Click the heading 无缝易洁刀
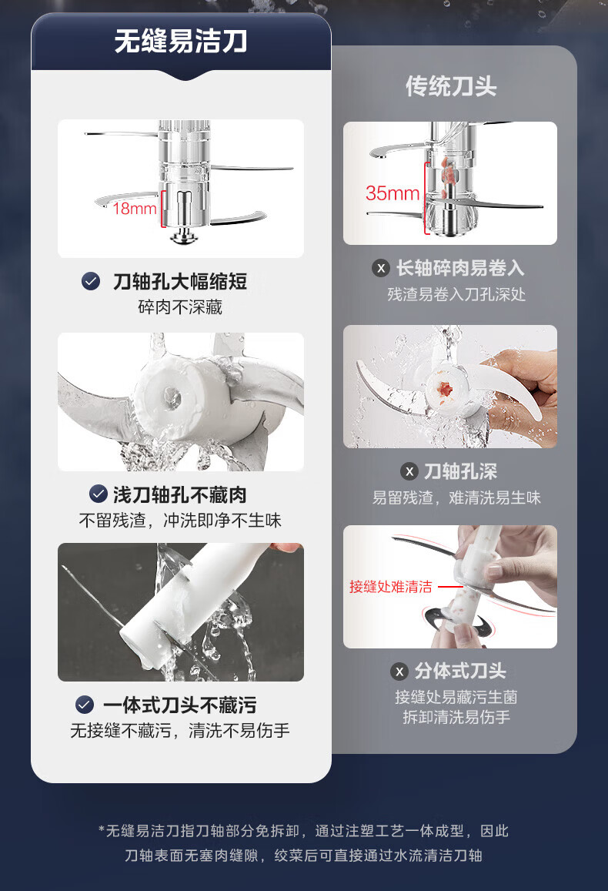point(181,42)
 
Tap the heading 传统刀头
point(451,87)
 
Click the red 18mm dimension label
point(135,209)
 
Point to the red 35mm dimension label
point(393,193)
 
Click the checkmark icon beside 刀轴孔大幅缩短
point(91,281)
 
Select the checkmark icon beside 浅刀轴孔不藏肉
point(99,494)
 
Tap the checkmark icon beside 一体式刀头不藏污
point(85,705)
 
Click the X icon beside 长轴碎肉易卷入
point(381,268)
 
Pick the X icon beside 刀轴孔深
point(409,471)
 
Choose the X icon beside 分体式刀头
point(399,672)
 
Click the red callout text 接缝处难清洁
point(391,586)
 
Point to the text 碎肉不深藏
point(180,307)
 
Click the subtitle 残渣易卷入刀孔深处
point(456,294)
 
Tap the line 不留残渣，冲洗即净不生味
point(180,520)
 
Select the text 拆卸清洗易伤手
point(456,717)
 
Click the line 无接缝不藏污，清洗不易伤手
point(180,730)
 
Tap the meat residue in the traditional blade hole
point(445,389)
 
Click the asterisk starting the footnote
point(102,830)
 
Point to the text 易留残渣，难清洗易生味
point(456,497)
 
